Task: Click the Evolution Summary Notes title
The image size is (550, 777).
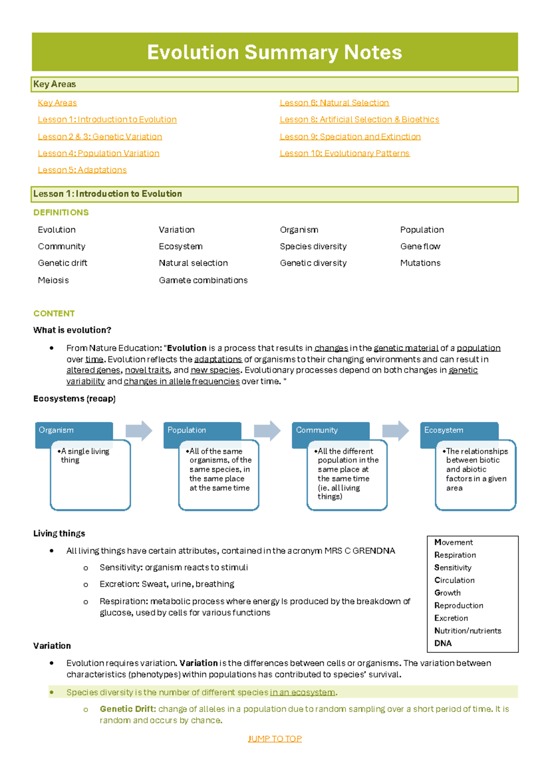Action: (274, 52)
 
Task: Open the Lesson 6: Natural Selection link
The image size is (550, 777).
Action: (334, 103)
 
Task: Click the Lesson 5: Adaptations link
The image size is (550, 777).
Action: (82, 170)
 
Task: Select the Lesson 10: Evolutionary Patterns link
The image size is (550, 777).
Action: (344, 153)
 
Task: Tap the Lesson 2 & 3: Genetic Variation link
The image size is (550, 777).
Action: (100, 137)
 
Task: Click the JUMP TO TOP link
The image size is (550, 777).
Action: (275, 739)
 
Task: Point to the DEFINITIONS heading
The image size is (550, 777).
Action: (61, 213)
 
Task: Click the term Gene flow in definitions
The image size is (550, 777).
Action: (420, 246)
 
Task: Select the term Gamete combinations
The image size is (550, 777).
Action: (203, 280)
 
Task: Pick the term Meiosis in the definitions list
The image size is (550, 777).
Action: (53, 280)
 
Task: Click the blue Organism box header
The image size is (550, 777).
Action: (73, 431)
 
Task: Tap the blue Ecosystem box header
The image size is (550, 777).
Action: (458, 431)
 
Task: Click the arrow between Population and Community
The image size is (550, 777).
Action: (267, 431)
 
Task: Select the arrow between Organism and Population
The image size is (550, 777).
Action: (138, 431)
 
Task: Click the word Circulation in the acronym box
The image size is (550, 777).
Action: (454, 580)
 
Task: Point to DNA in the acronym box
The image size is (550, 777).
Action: (443, 643)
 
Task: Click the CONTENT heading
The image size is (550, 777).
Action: (54, 313)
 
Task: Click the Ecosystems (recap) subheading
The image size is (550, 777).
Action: (74, 399)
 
